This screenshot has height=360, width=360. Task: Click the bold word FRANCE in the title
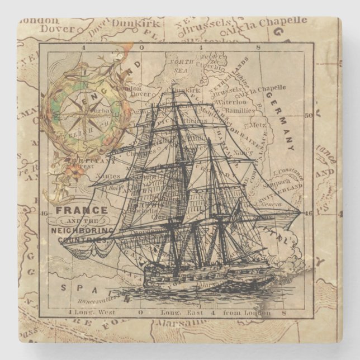[x=81, y=211]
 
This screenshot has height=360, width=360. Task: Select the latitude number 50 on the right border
[x=309, y=116]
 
